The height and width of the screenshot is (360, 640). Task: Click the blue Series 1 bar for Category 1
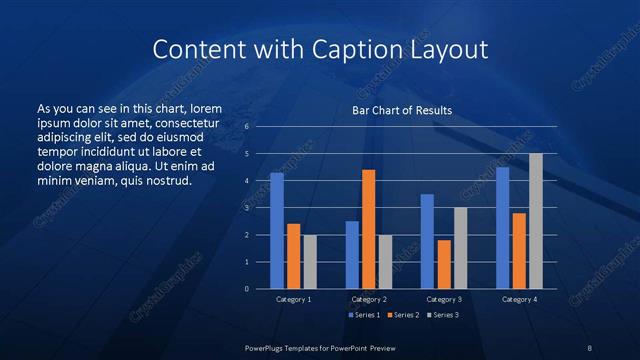click(x=277, y=231)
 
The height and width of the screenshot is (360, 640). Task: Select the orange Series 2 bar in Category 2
click(x=369, y=229)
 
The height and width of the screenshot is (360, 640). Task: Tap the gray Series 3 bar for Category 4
click(x=535, y=221)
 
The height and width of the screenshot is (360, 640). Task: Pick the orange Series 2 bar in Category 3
click(x=444, y=264)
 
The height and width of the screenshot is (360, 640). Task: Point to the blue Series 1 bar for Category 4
click(x=502, y=228)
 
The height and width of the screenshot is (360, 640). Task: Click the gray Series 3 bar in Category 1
click(x=310, y=262)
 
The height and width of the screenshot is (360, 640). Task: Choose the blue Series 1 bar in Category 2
click(x=352, y=255)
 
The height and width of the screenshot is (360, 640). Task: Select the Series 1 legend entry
click(x=364, y=315)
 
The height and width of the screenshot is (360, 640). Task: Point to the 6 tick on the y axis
click(x=247, y=127)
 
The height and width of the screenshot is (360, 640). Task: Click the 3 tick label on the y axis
click(x=247, y=208)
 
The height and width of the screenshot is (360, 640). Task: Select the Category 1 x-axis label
click(x=293, y=299)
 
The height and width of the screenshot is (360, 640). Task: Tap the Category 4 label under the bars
click(x=518, y=299)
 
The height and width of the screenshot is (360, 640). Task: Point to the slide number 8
click(x=589, y=347)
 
